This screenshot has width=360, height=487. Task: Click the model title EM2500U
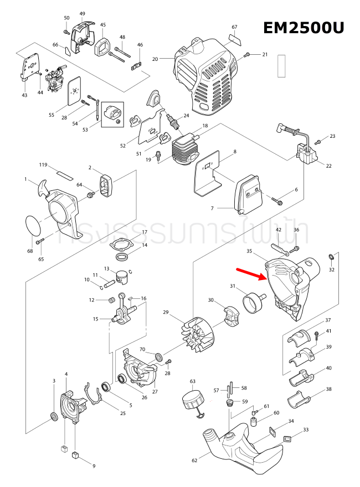click(303, 28)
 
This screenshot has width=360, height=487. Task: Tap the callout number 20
click(155, 58)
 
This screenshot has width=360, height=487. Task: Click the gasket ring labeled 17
click(120, 244)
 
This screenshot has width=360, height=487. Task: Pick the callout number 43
click(24, 95)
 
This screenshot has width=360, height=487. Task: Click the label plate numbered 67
click(235, 39)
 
